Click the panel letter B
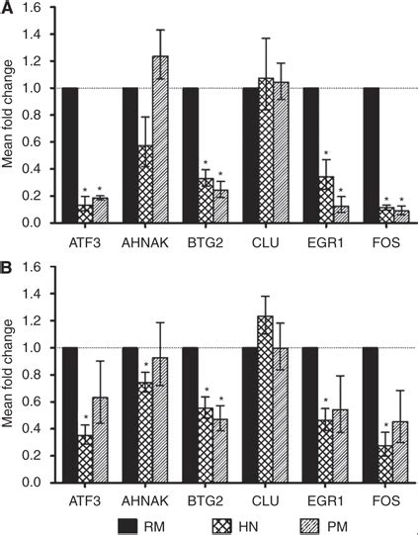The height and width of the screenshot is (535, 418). tap(7, 268)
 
